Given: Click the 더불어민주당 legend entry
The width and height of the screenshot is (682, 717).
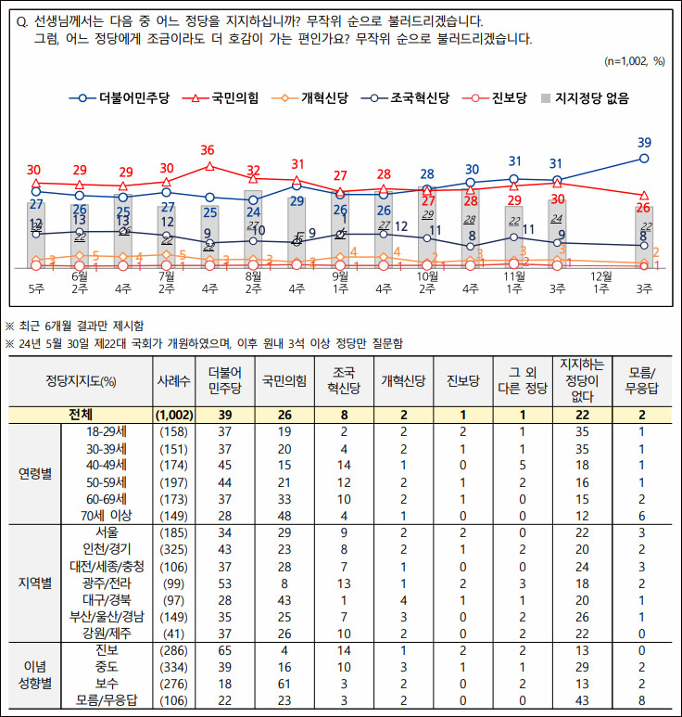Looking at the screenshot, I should (121, 96).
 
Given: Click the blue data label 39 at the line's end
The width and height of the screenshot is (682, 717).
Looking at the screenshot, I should (645, 143).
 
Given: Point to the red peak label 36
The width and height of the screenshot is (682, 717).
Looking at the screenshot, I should (208, 150).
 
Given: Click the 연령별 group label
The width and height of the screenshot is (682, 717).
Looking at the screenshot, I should (34, 472).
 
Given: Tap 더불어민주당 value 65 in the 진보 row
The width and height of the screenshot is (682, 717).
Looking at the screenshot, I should (223, 649).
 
